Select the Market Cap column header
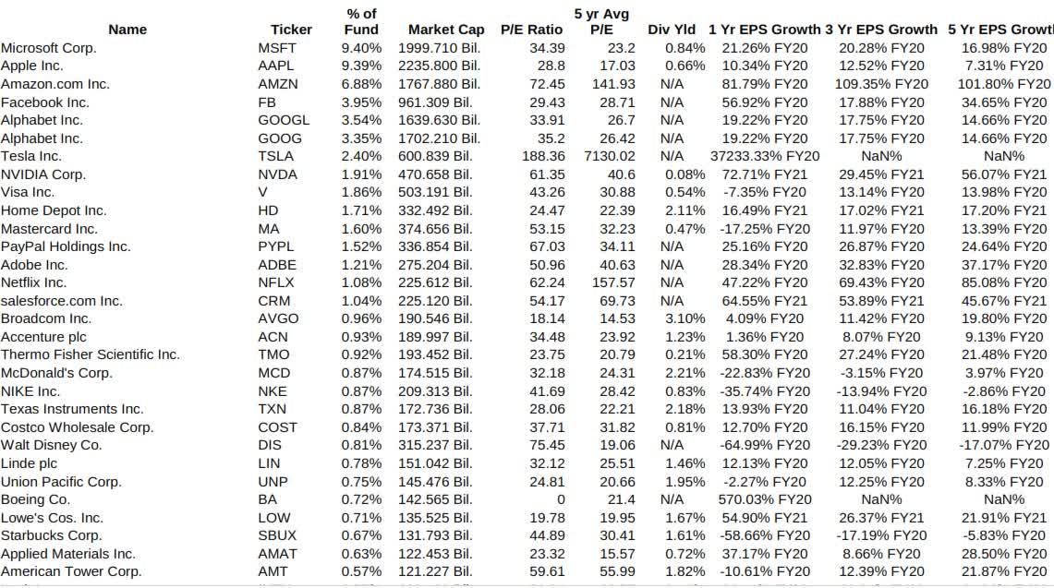446,30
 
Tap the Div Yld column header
672,30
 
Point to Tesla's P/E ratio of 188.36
540,156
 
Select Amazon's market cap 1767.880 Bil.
439,84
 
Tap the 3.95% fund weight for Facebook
361,102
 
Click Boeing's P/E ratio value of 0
560,499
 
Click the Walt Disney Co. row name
52,445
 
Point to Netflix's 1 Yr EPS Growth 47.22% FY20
765,282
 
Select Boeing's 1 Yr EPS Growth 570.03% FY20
765,499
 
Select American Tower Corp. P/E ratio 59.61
546,571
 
